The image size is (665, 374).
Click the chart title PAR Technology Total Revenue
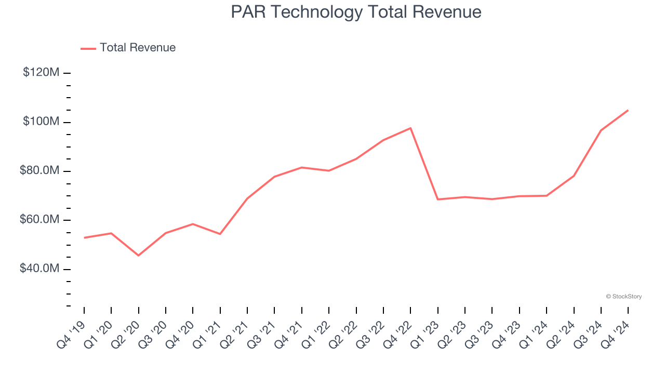(x=356, y=12)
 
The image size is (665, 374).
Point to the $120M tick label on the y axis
(x=41, y=73)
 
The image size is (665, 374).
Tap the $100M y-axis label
(x=41, y=122)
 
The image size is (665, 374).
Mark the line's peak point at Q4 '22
(x=410, y=128)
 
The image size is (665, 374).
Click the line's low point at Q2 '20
(x=138, y=256)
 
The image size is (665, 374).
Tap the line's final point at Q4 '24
(x=628, y=110)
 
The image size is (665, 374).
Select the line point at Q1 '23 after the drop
(x=438, y=199)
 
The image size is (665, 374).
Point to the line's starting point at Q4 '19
(x=84, y=238)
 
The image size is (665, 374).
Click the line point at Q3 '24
(x=601, y=130)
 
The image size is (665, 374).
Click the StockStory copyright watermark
(x=623, y=297)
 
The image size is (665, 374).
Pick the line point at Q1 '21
(x=220, y=234)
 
